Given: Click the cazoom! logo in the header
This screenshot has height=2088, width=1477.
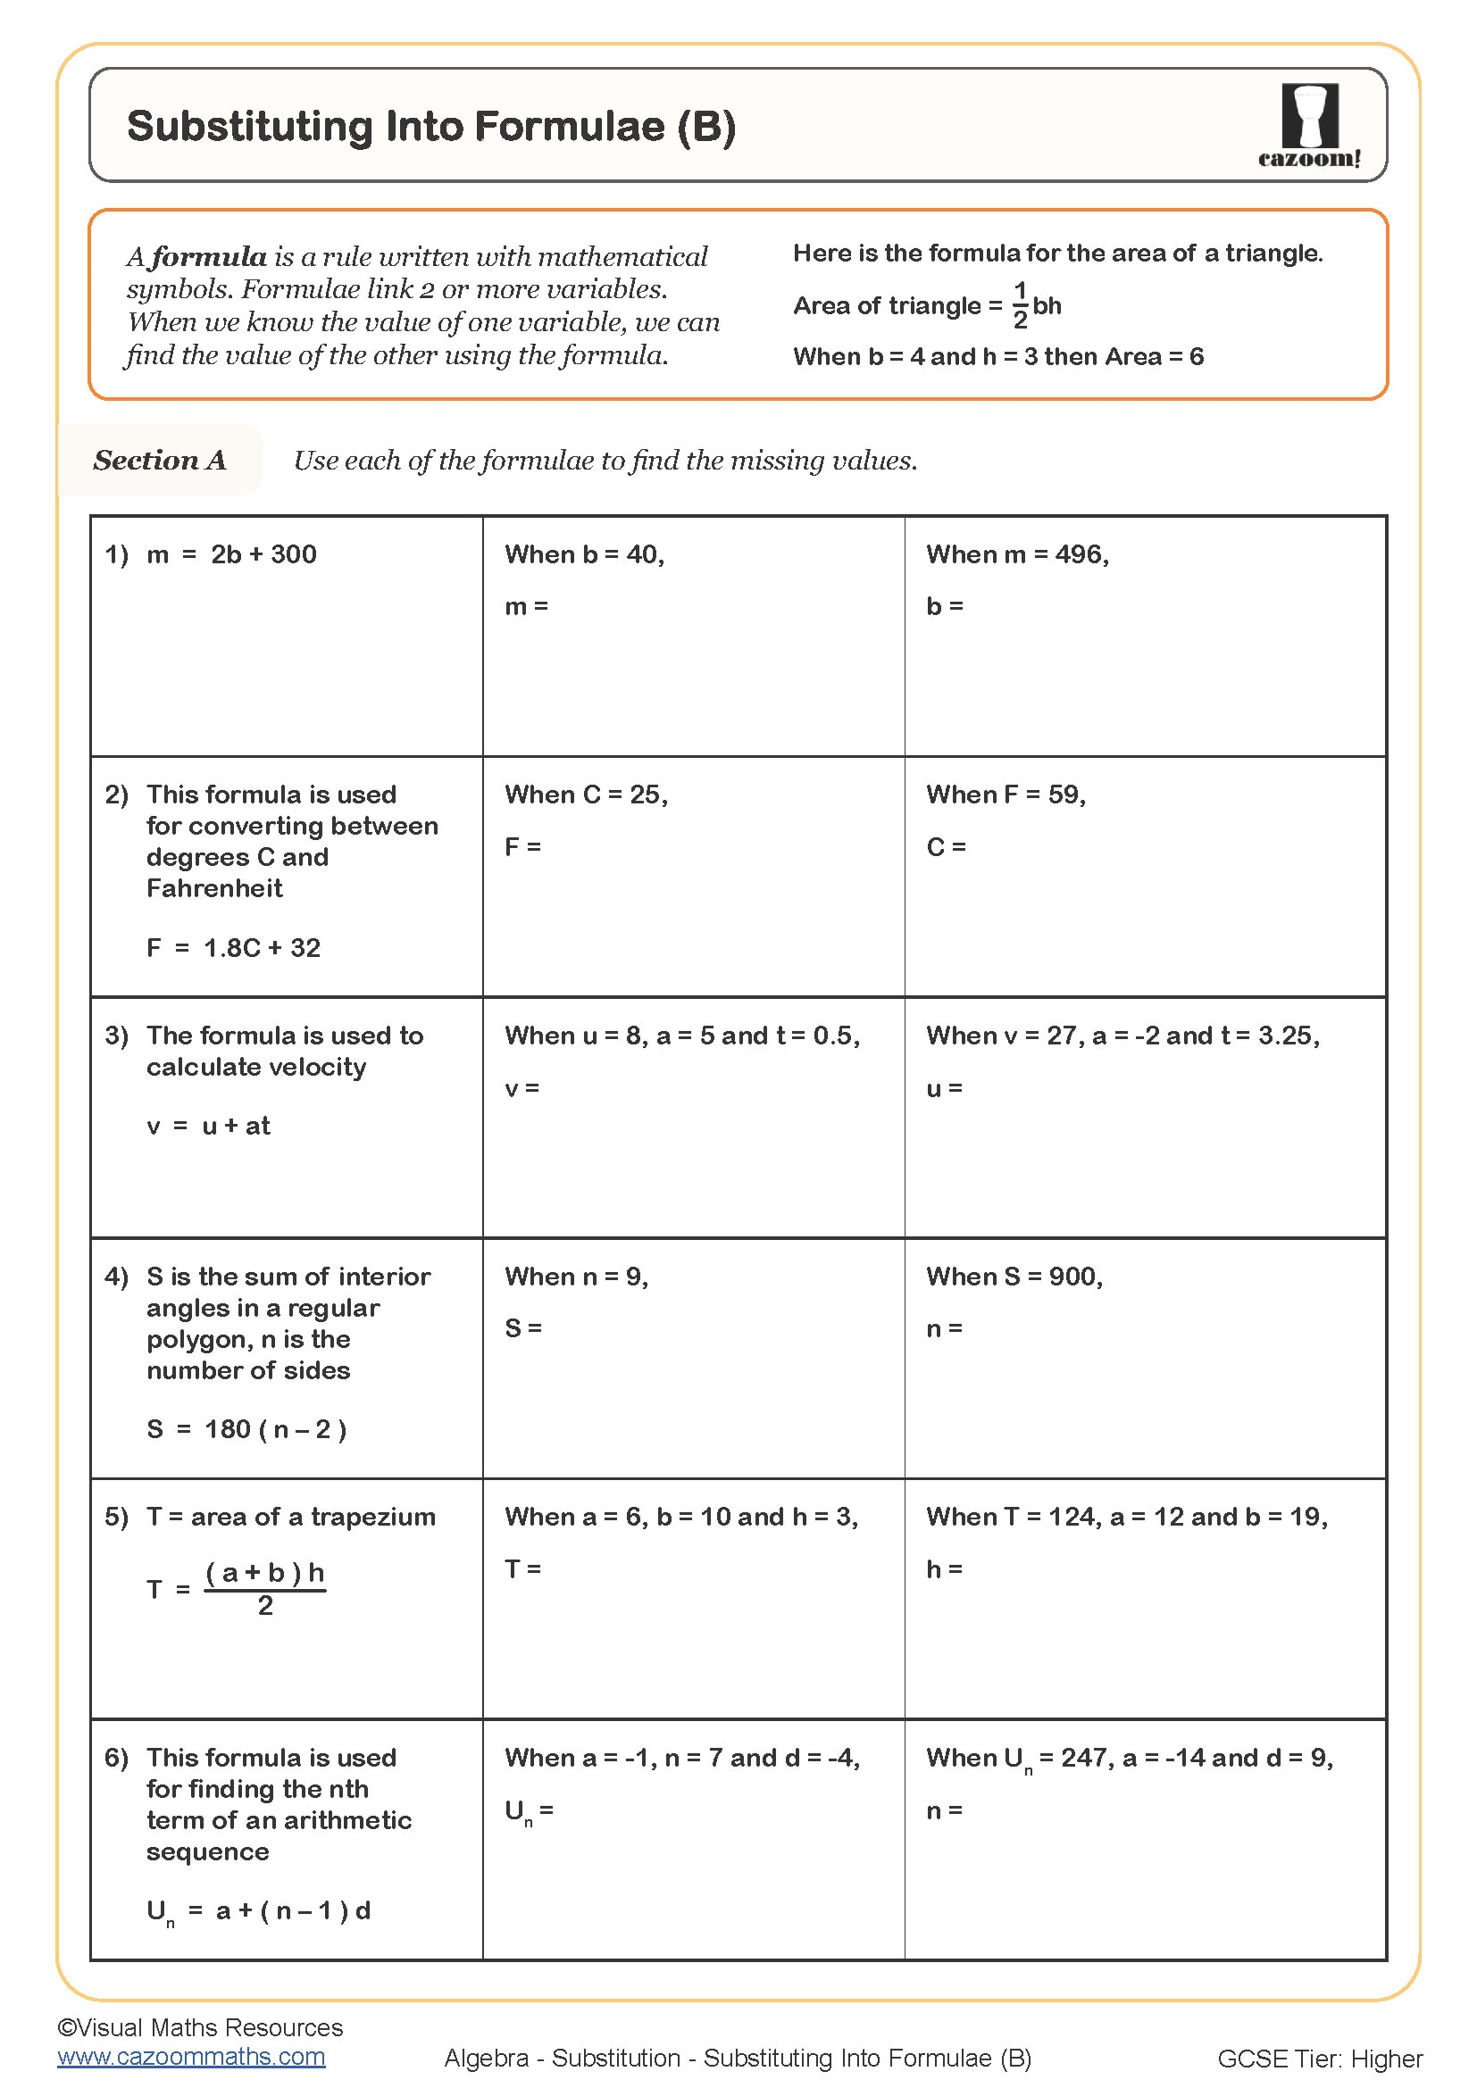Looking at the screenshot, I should point(1309,126).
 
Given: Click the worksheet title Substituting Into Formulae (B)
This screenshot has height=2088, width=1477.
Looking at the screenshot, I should point(431,127).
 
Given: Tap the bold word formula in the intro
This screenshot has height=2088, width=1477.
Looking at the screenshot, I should point(208,257).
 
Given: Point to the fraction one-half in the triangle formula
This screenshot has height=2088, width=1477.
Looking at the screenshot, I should point(1020,304).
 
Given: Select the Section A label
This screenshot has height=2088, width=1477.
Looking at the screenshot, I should point(159,460).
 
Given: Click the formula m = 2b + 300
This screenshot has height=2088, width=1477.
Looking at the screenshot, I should point(231,554).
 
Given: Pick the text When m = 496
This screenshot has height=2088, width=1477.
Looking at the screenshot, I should point(1017,554).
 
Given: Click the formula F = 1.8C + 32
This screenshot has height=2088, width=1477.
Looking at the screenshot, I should point(233,948).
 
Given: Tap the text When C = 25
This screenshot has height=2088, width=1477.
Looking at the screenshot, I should point(586,794).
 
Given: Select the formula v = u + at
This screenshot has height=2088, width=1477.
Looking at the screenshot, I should point(208,1126).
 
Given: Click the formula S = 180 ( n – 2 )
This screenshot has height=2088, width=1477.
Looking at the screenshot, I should point(246,1428).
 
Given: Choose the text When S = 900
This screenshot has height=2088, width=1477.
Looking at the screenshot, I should point(1014,1277).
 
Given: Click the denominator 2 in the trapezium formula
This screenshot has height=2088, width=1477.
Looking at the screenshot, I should point(264,1606).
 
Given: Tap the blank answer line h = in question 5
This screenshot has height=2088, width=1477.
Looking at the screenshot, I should point(944,1568).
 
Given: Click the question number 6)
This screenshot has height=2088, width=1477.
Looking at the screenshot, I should point(116,1758).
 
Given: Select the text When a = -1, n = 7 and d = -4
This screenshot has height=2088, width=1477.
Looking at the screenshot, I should point(681,1758).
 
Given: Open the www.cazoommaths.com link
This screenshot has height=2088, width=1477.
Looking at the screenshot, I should point(191,2057).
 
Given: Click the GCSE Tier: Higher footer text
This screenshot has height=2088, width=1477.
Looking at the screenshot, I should point(1319,2059).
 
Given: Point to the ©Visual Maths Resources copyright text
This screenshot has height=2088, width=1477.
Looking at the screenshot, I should point(200,2028).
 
